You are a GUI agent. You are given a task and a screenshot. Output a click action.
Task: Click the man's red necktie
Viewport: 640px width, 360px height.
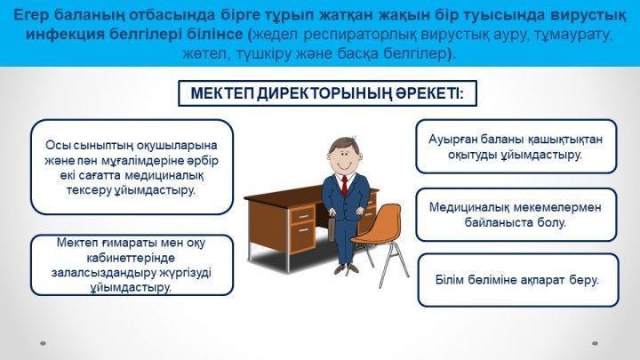pyautogui.click(x=345, y=186)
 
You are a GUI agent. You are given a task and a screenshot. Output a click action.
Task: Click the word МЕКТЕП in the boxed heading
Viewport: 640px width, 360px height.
pyautogui.click(x=223, y=93)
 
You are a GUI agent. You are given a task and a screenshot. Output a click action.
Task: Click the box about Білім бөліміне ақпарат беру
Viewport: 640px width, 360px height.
pyautogui.click(x=518, y=280)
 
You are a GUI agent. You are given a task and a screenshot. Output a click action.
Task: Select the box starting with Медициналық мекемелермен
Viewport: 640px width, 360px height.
pyautogui.click(x=516, y=215)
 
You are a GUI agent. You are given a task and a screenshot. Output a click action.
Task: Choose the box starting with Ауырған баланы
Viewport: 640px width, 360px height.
pyautogui.click(x=516, y=147)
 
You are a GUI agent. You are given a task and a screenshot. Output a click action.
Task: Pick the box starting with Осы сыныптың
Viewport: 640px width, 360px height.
pyautogui.click(x=132, y=167)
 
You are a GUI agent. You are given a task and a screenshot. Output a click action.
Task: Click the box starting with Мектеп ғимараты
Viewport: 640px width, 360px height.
pyautogui.click(x=132, y=265)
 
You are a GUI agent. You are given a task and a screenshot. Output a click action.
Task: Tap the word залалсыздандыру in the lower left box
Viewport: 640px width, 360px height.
pyautogui.click(x=97, y=273)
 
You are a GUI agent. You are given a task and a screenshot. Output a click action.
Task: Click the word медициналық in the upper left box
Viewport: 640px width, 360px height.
pyautogui.click(x=164, y=175)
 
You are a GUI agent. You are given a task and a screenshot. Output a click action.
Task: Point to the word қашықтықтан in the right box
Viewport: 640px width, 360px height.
pyautogui.click(x=565, y=140)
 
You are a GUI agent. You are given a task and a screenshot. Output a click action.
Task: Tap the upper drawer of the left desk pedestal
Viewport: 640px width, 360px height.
pyautogui.click(x=302, y=215)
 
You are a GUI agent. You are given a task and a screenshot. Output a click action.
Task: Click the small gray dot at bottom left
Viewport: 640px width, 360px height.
pyautogui.click(x=43, y=343)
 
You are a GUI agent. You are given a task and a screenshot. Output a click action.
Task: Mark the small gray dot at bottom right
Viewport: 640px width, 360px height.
pyautogui.click(x=595, y=343)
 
